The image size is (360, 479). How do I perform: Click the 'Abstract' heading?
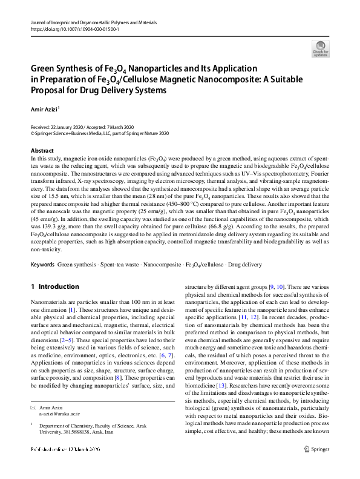pyautogui.click(x=42, y=150)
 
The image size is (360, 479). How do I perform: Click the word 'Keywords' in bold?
pyautogui.click(x=42, y=265)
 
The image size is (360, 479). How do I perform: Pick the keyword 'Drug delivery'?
pyautogui.click(x=243, y=265)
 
